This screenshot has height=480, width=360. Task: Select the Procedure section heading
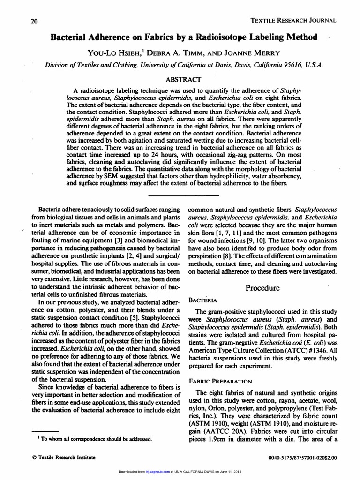262,287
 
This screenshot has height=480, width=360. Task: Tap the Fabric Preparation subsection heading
221,381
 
